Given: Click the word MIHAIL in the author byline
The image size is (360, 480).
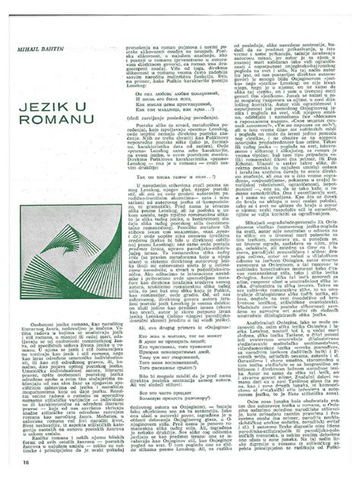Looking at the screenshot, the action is click(x=25, y=49).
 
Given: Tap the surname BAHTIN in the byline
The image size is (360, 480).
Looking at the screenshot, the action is click(x=46, y=49).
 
